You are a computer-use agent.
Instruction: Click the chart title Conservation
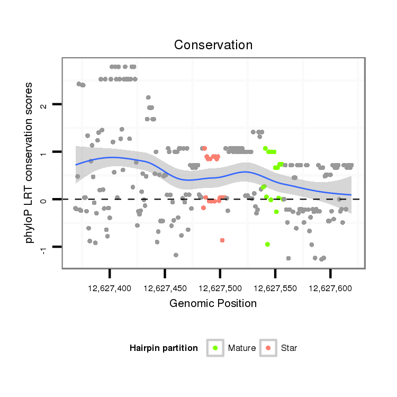tap(213, 44)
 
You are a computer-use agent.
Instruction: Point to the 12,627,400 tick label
tap(110, 288)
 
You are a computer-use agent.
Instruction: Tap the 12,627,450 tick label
tap(165, 288)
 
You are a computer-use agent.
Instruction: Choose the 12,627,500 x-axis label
tap(220, 288)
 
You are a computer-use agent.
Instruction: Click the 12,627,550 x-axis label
tap(275, 288)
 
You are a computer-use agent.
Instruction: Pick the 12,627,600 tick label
tap(330, 288)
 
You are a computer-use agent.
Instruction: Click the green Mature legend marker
tap(215, 348)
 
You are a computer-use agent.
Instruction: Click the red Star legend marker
tap(268, 348)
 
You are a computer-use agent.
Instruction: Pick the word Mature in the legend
tap(242, 348)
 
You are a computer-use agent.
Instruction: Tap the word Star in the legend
tap(290, 348)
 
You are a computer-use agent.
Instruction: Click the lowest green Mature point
tap(267, 244)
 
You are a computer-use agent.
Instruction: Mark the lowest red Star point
tap(222, 240)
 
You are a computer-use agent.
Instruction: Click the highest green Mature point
tap(265, 148)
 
